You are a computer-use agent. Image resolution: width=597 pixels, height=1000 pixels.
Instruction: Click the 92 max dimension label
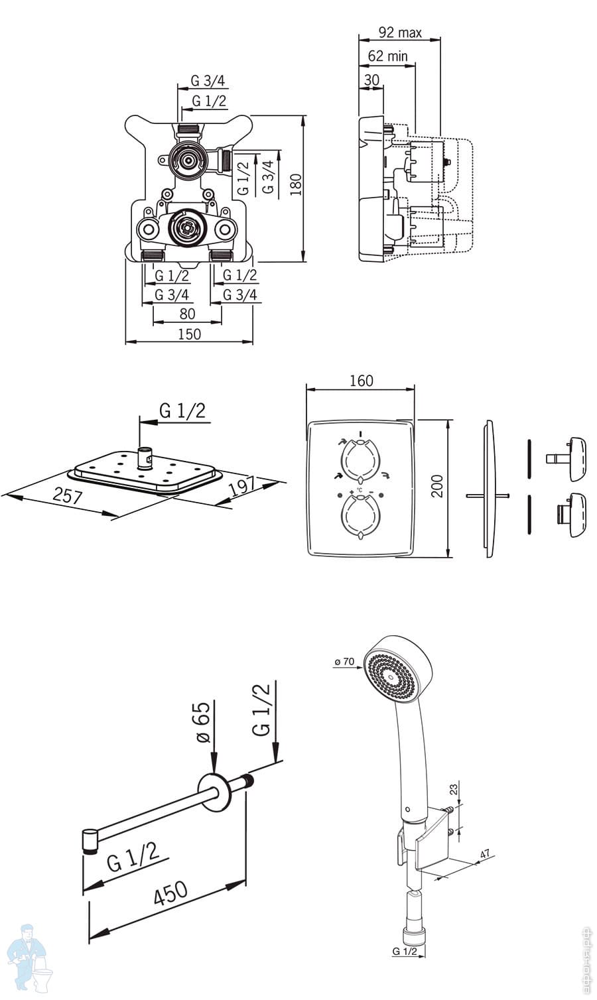point(399,32)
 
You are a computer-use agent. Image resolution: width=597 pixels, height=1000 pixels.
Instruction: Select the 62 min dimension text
point(387,56)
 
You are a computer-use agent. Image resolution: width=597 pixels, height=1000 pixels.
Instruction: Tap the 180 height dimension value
point(296,184)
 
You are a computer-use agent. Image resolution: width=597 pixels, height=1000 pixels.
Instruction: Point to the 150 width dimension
point(189,334)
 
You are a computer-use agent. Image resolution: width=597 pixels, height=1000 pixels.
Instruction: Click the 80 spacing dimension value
point(188,314)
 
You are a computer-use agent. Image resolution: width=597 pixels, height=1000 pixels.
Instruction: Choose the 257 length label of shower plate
point(68,495)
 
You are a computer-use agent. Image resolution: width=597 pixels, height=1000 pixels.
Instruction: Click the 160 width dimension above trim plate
point(362,381)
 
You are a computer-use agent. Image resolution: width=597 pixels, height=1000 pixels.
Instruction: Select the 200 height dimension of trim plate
point(438,486)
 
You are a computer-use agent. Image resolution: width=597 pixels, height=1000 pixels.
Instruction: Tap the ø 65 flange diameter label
point(203,722)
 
